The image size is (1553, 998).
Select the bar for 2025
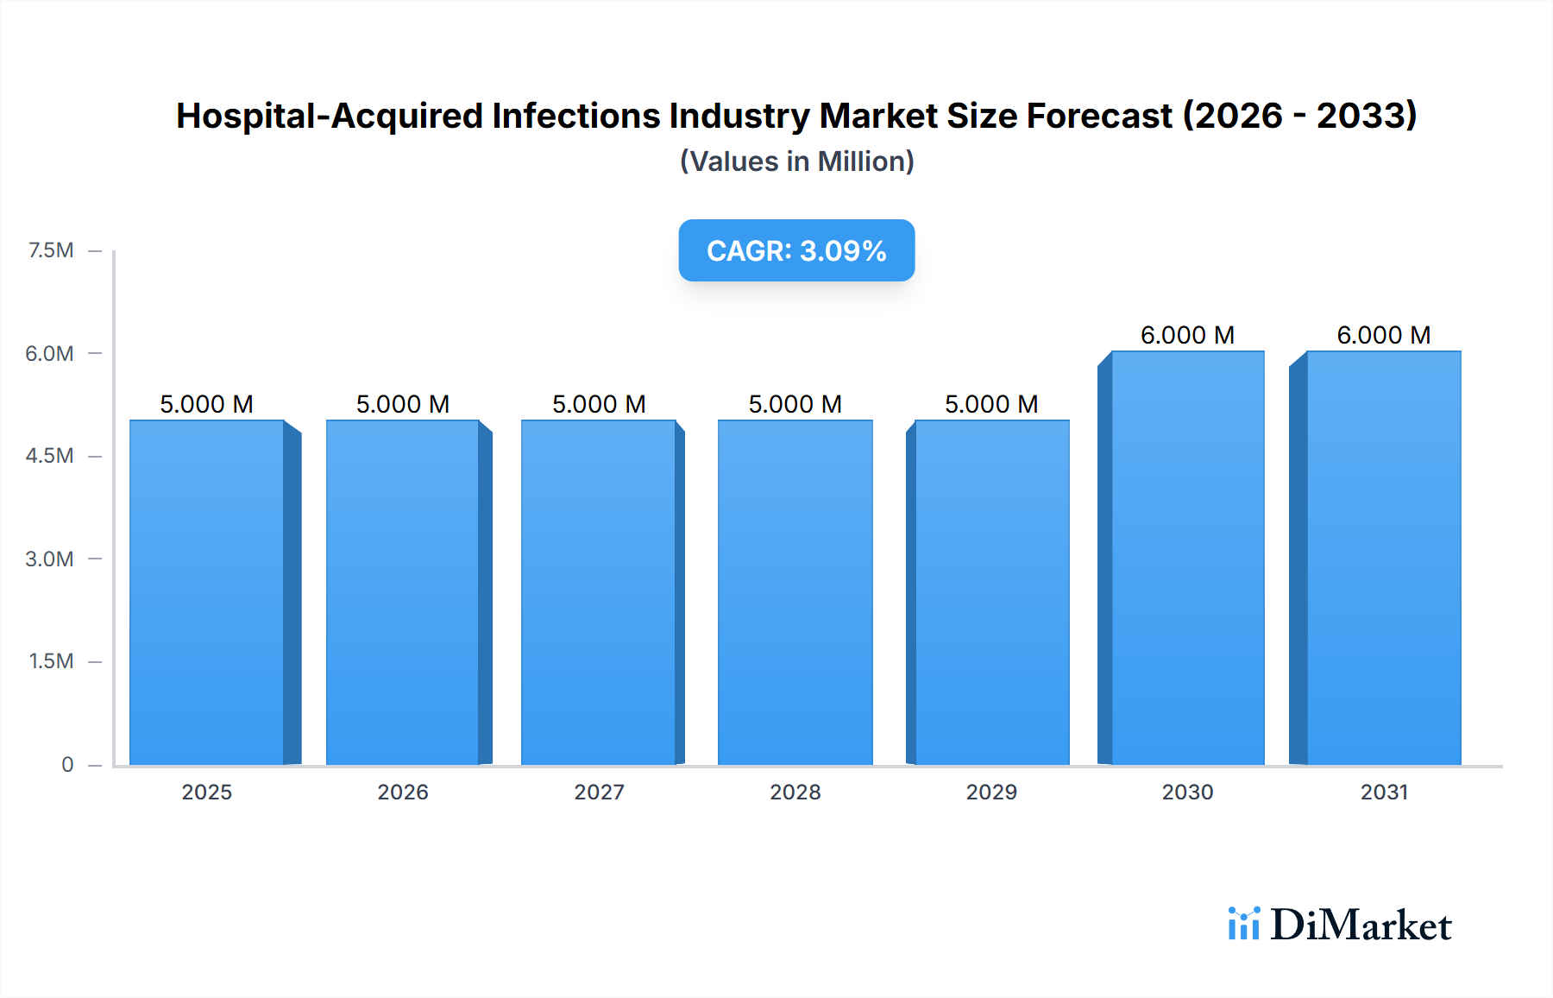click(x=207, y=592)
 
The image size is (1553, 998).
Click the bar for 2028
click(x=795, y=592)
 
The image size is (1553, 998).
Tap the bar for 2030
click(x=1187, y=558)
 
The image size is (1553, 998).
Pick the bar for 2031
click(x=1383, y=558)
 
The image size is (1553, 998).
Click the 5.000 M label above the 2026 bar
click(x=403, y=404)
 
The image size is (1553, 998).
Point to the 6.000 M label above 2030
click(x=1187, y=335)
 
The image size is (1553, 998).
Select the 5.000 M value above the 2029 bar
click(x=991, y=404)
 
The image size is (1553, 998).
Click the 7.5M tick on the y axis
click(x=51, y=250)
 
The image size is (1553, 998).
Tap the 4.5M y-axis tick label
click(x=49, y=456)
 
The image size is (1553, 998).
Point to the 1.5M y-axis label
click(x=51, y=661)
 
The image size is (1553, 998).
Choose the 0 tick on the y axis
click(x=67, y=764)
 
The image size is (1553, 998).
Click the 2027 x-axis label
click(x=599, y=792)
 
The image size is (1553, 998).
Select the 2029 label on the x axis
click(x=991, y=792)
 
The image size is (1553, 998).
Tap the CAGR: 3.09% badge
click(x=796, y=250)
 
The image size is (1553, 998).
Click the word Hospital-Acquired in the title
click(x=329, y=116)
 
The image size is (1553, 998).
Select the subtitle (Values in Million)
click(x=796, y=161)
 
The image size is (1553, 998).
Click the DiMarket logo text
click(x=1361, y=925)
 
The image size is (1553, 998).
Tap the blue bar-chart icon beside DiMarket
click(x=1243, y=924)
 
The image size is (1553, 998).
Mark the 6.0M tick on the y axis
click(x=49, y=353)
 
